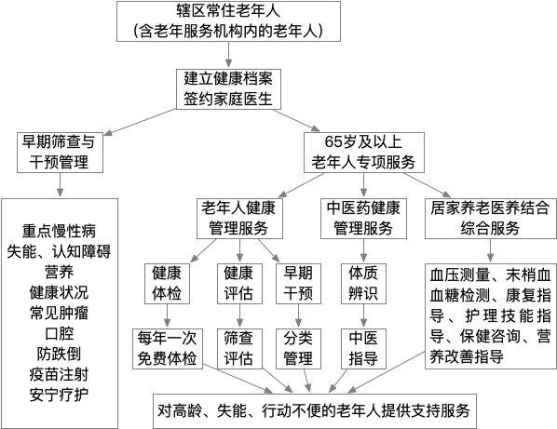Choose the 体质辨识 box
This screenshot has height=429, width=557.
(x=363, y=284)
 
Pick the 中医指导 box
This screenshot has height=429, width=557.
(x=363, y=347)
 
